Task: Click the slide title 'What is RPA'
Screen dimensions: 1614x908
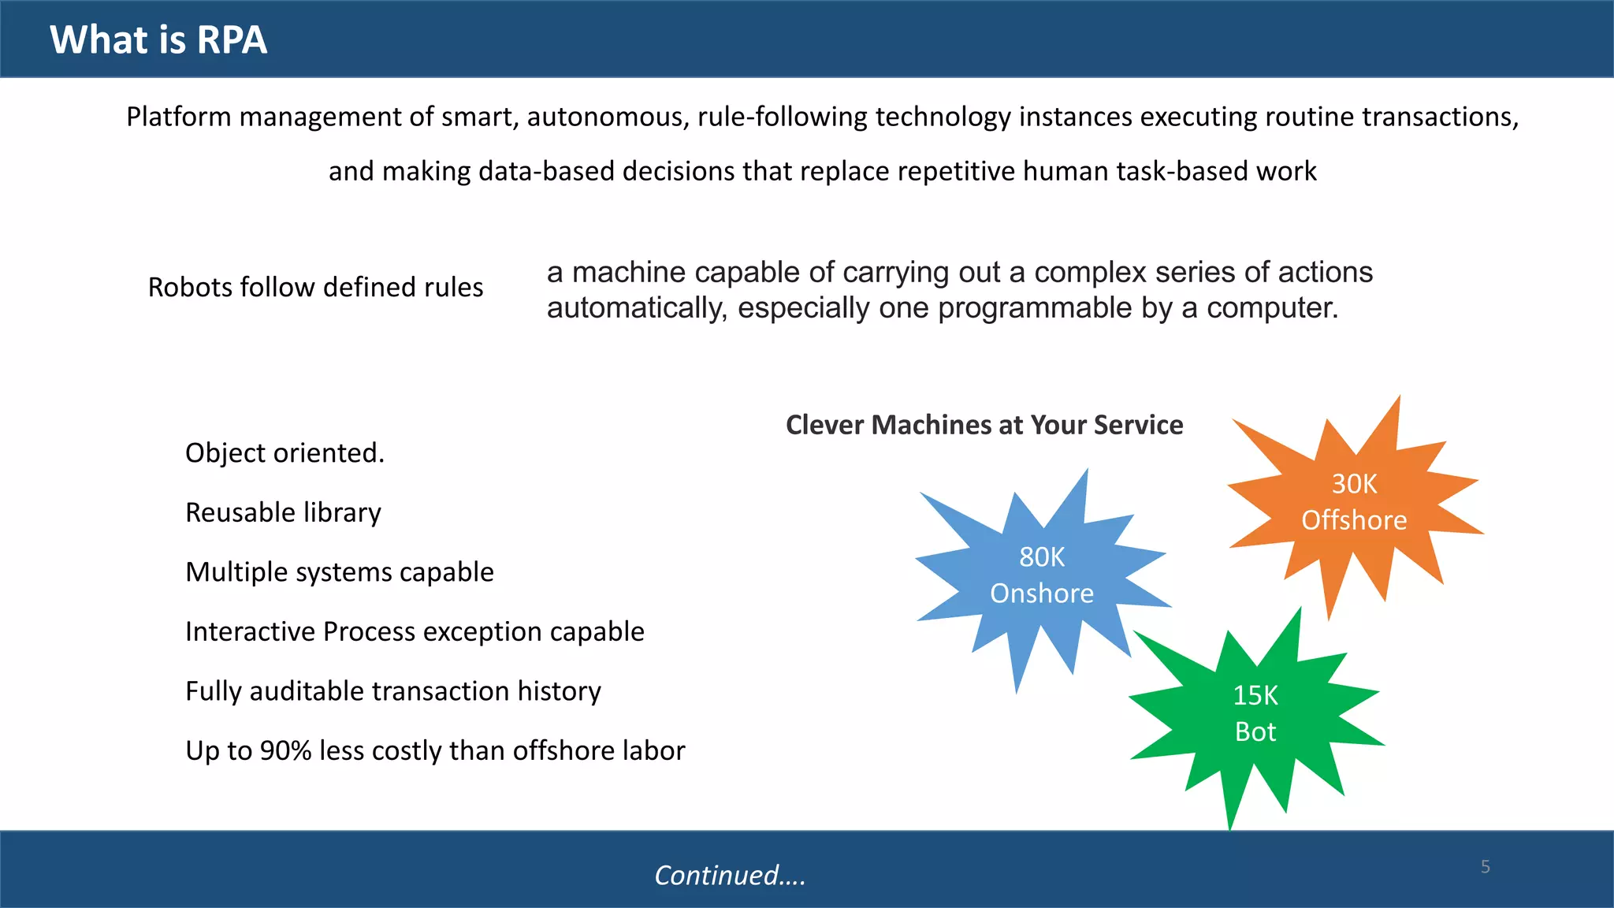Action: tap(158, 39)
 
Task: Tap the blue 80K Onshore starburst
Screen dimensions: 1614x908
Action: tap(1041, 575)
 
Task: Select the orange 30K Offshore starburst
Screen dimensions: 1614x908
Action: tap(1354, 502)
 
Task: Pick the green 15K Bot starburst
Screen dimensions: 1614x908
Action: tap(1255, 713)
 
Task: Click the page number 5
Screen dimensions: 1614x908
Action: tap(1486, 867)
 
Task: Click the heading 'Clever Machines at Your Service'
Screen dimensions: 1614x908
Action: tap(984, 425)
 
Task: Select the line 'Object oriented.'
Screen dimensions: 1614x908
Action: tap(284, 453)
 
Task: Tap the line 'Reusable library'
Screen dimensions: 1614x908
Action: tap(283, 513)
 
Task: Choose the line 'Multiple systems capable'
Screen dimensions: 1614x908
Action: tap(340, 572)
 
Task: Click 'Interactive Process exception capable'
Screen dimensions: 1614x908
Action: tap(415, 632)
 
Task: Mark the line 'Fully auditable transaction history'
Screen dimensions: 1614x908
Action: tap(393, 691)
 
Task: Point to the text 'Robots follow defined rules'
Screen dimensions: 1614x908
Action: tap(315, 288)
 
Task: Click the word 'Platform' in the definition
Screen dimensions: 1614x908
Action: tap(179, 117)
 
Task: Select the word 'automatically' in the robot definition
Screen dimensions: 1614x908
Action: tap(637, 308)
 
